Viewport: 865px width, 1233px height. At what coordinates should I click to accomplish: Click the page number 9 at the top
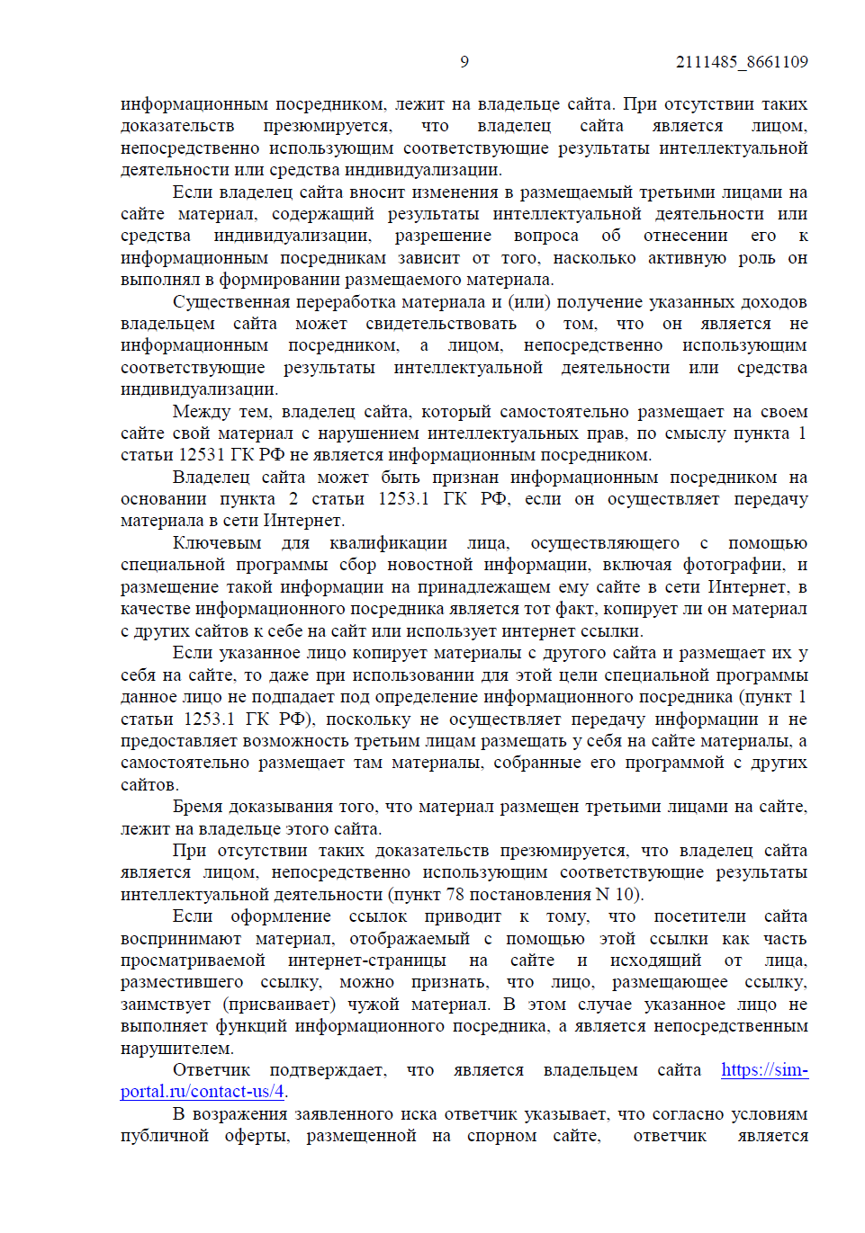[x=464, y=62]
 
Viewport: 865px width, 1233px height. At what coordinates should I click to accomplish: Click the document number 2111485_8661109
[x=742, y=62]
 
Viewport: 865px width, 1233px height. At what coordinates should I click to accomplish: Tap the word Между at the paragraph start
[x=202, y=412]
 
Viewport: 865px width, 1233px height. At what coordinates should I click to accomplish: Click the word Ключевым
[x=217, y=543]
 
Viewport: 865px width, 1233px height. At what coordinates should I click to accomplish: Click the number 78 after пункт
[x=455, y=895]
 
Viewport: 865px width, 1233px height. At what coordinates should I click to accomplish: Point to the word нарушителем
[x=177, y=1049]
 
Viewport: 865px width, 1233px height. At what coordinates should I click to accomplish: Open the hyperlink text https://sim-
[x=764, y=1070]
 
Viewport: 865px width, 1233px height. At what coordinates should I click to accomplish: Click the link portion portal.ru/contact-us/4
[x=203, y=1092]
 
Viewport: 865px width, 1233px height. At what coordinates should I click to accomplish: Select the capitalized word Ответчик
[x=212, y=1070]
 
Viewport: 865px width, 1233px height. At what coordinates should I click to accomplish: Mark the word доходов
[x=773, y=302]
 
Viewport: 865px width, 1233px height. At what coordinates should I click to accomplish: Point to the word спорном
[x=501, y=1136]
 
